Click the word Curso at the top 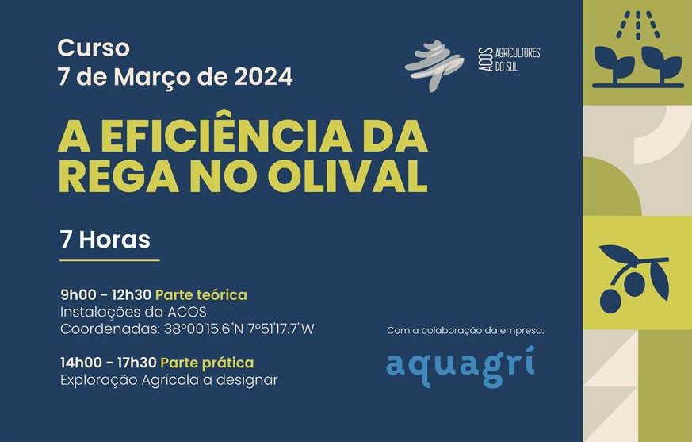(x=93, y=48)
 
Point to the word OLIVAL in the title (x=348, y=176)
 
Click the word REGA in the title (x=116, y=176)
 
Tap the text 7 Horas (x=105, y=239)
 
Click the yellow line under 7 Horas (x=109, y=260)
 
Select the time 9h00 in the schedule (x=78, y=295)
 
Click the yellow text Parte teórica (x=201, y=295)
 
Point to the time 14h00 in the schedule (x=81, y=363)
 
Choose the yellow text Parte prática (x=207, y=363)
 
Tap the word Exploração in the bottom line (x=99, y=381)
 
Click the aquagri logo (x=461, y=367)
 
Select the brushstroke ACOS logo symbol (x=434, y=65)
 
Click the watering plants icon (x=637, y=49)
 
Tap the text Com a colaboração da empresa (x=465, y=331)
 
